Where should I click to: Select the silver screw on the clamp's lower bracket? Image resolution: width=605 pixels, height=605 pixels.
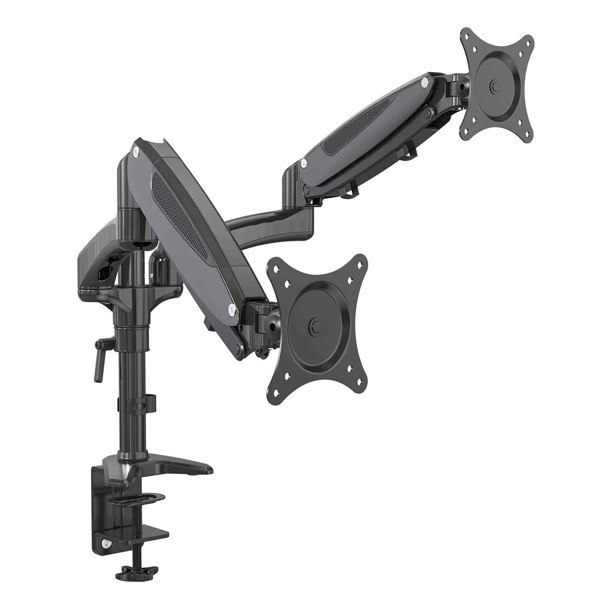point(106,543)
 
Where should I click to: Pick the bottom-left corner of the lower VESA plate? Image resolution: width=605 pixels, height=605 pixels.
point(276,393)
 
